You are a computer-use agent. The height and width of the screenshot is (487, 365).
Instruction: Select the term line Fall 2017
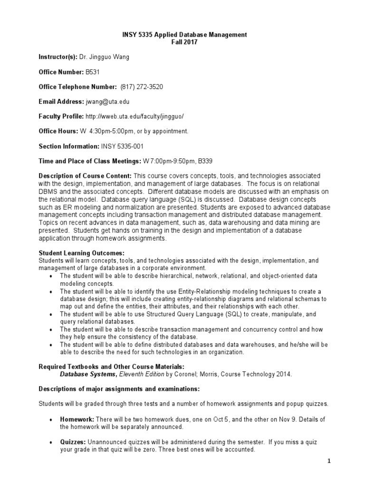pyautogui.click(x=182, y=42)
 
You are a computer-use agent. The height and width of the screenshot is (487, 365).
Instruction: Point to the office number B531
pyautogui.click(x=92, y=72)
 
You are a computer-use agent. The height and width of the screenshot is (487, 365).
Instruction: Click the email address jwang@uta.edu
pyautogui.click(x=107, y=101)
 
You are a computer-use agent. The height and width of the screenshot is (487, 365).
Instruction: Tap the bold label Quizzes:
pyautogui.click(x=74, y=442)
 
